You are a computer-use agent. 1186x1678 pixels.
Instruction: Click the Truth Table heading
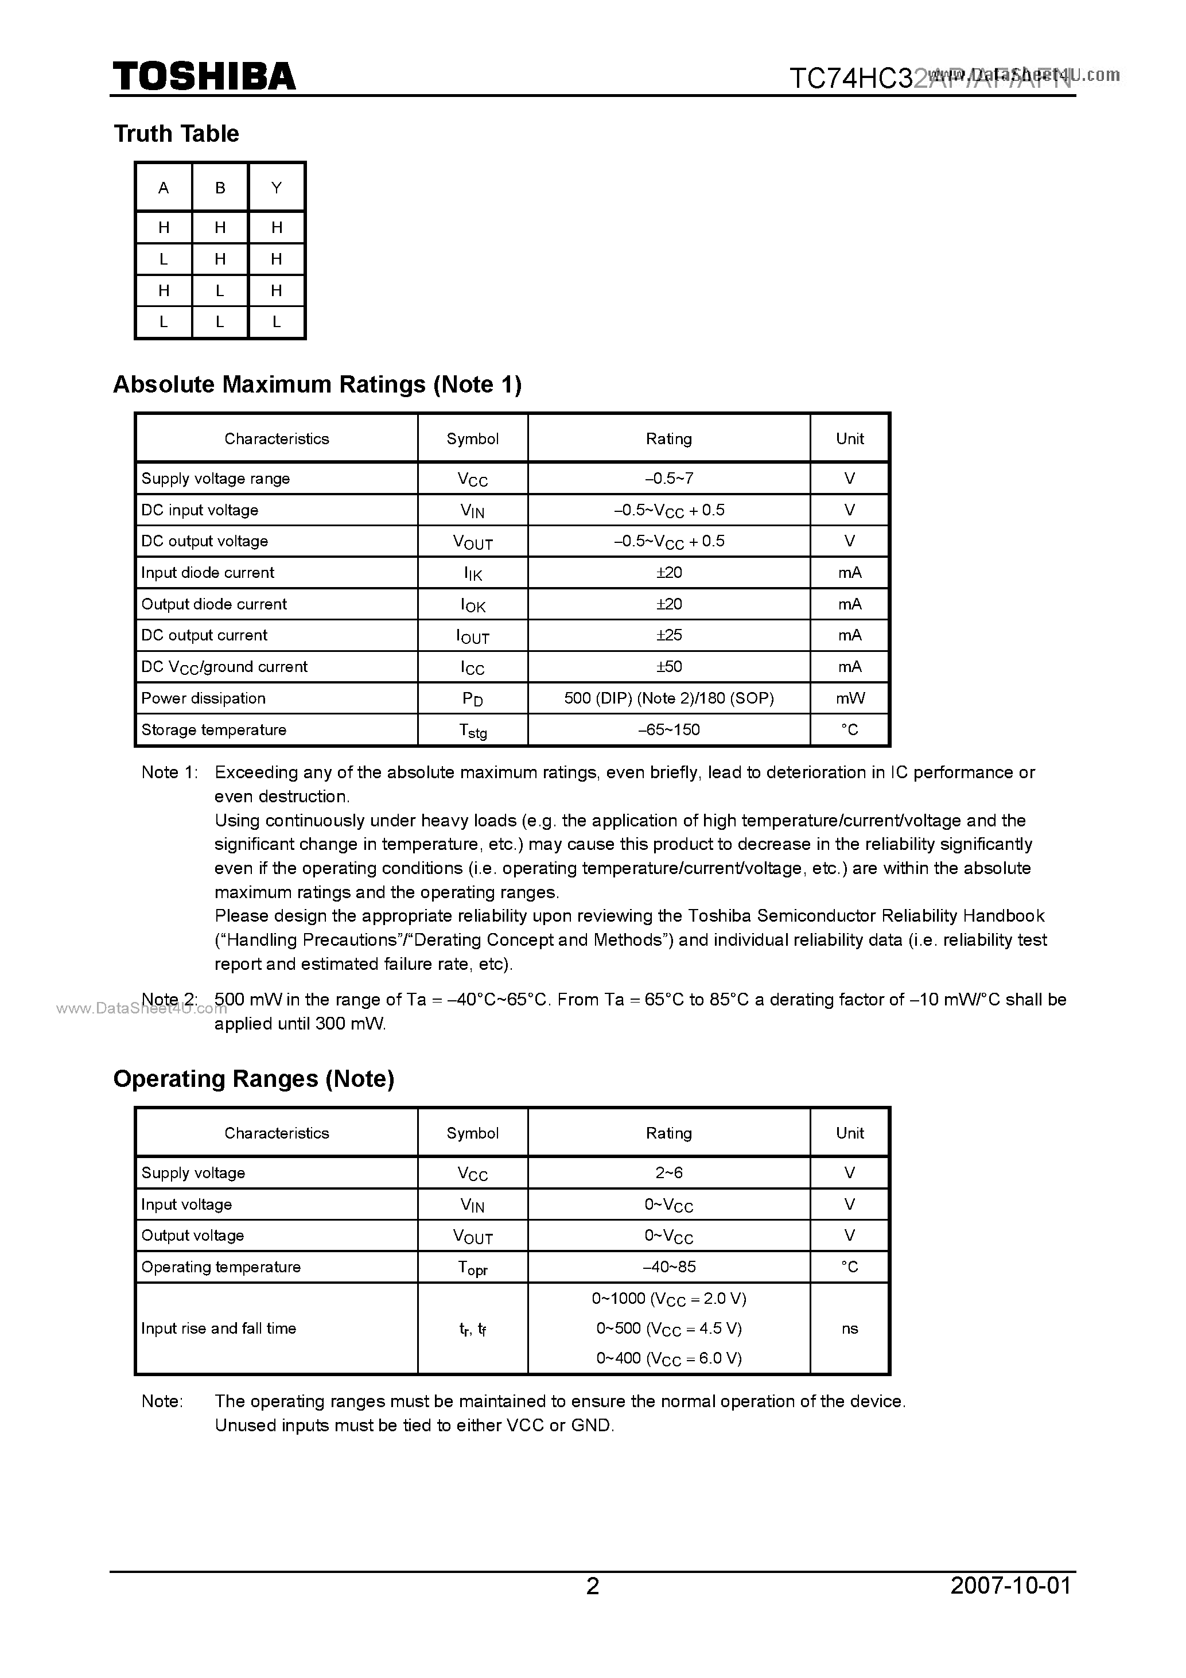click(x=176, y=134)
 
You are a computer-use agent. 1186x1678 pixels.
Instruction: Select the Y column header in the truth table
click(x=276, y=188)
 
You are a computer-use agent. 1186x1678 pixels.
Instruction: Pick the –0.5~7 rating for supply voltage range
click(x=668, y=479)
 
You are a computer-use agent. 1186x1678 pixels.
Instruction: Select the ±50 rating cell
click(x=668, y=666)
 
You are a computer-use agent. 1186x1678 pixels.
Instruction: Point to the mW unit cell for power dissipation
click(x=850, y=698)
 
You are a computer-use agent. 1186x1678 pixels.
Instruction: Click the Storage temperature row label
click(x=213, y=729)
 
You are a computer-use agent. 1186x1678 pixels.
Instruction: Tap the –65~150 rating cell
click(x=668, y=729)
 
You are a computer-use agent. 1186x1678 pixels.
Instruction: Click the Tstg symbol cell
click(x=473, y=730)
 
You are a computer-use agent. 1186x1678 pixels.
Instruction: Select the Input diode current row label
click(x=208, y=572)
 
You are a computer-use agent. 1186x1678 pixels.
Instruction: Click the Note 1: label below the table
click(x=169, y=772)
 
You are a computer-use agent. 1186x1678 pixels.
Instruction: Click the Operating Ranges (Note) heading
click(x=254, y=1079)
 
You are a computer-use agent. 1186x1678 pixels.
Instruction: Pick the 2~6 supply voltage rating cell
click(x=668, y=1173)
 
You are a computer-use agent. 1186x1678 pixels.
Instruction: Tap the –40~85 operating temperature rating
click(x=668, y=1267)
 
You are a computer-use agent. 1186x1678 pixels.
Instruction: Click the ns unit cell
click(x=850, y=1328)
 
